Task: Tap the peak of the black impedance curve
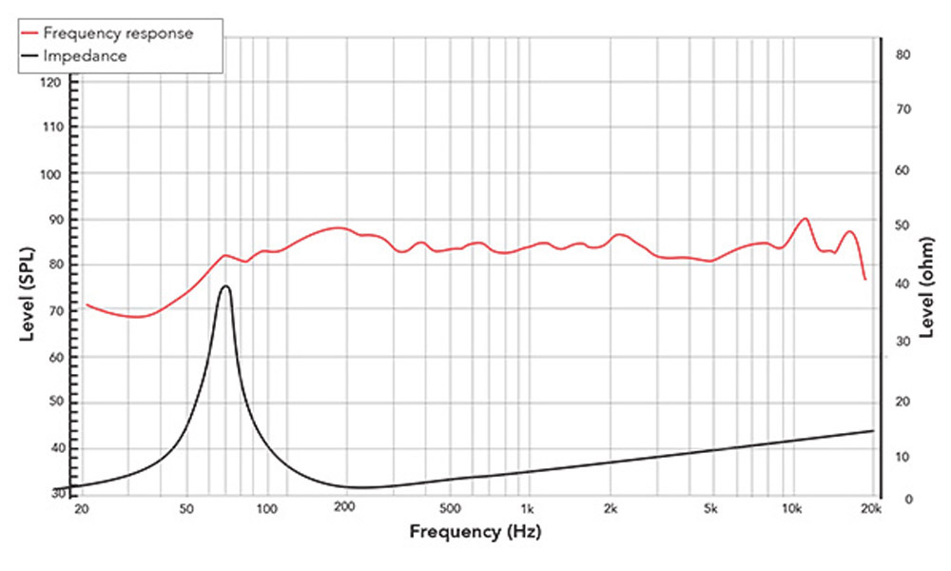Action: click(225, 285)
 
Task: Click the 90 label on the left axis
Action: click(54, 220)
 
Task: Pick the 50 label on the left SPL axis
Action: click(54, 403)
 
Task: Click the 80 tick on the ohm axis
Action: click(903, 55)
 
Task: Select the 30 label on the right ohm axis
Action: click(903, 340)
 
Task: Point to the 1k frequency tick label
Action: click(527, 509)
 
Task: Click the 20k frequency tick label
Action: click(871, 509)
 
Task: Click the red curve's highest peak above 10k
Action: click(805, 218)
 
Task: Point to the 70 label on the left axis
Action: click(54, 311)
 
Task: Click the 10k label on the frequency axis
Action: click(790, 509)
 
